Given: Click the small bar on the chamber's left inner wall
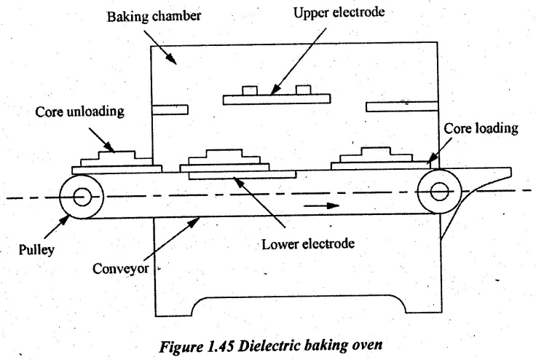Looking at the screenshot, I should click(170, 110).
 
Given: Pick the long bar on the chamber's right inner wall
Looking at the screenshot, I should click(401, 107).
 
